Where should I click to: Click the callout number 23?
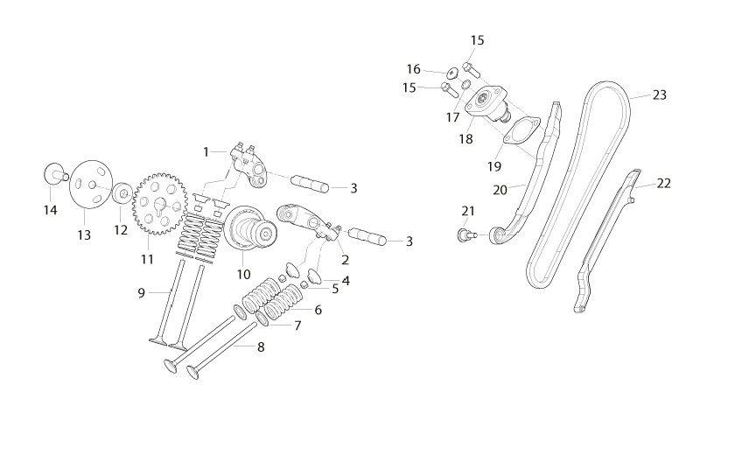point(659,95)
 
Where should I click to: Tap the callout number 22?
point(664,183)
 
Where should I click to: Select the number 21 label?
point(467,211)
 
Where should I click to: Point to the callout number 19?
point(494,166)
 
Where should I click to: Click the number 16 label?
point(413,70)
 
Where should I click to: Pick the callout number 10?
point(243,275)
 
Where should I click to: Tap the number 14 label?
point(50,210)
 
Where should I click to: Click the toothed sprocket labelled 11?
point(160,205)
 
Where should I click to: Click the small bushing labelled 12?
point(123,192)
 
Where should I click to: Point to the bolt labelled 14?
point(54,174)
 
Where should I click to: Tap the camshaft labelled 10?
point(250,229)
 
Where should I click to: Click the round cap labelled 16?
point(453,73)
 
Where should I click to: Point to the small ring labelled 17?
point(465,85)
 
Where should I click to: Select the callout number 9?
point(141,293)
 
